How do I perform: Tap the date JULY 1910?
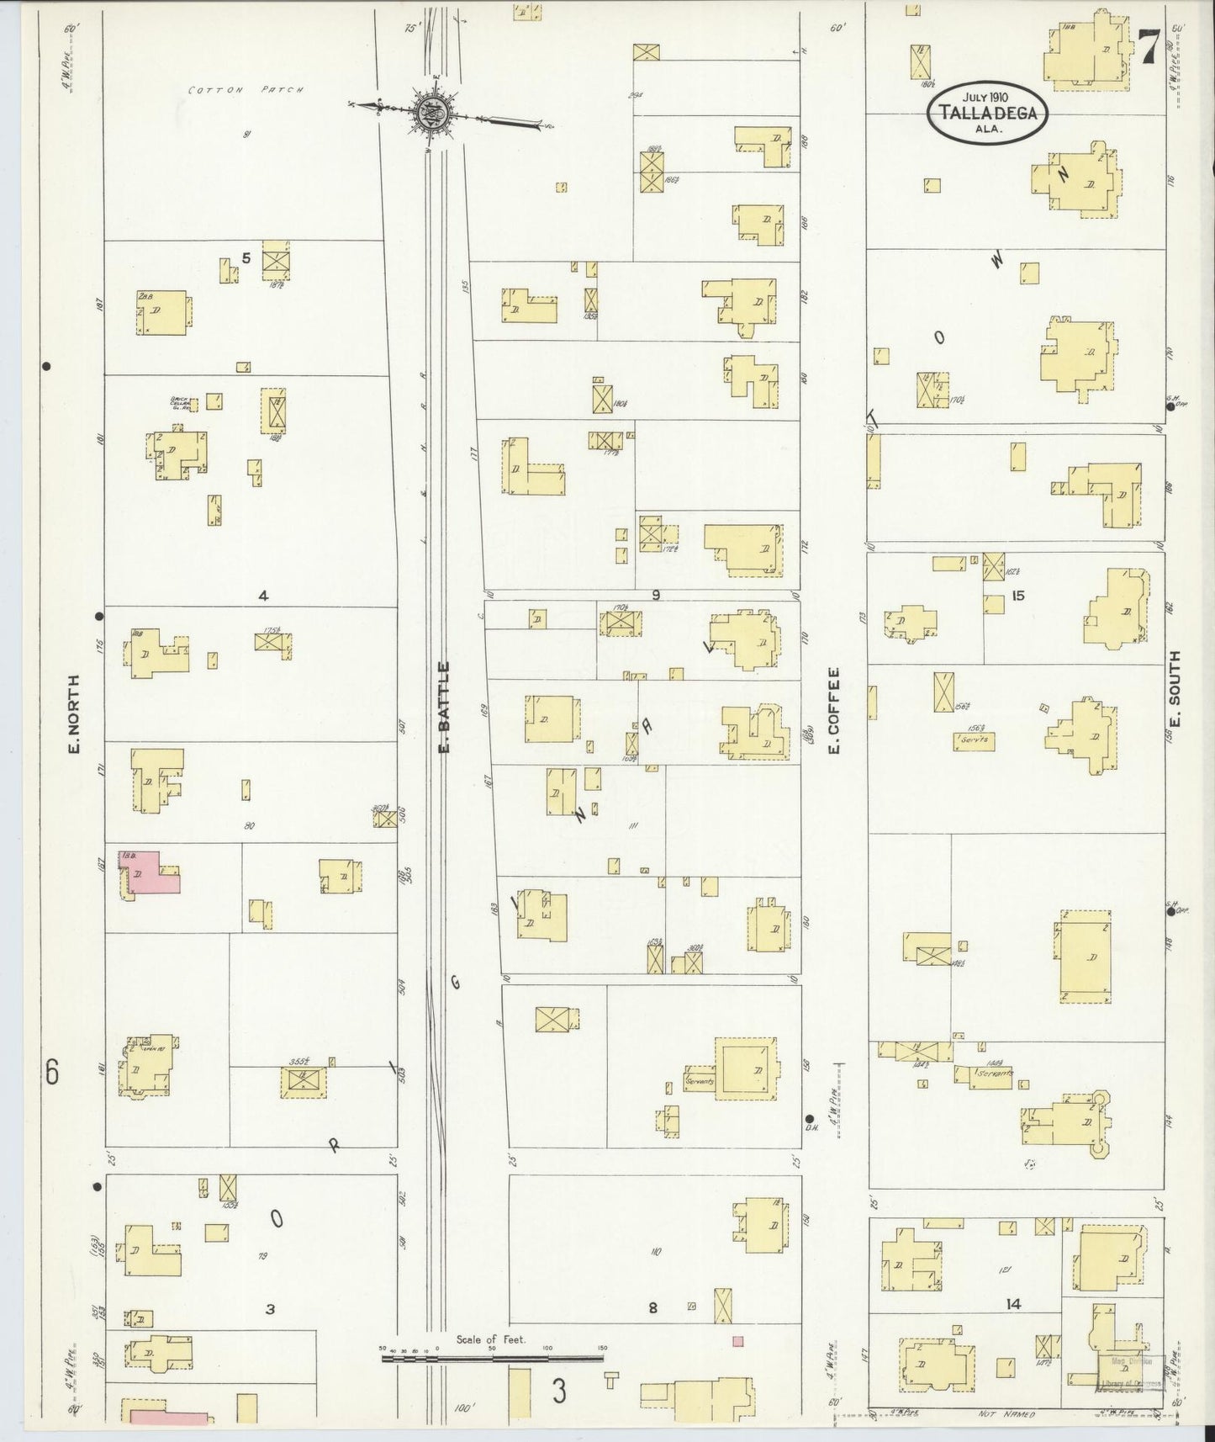pyautogui.click(x=988, y=97)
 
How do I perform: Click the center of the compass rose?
pyautogui.click(x=422, y=110)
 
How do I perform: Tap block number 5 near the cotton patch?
pyautogui.click(x=246, y=258)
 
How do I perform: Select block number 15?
pyautogui.click(x=1018, y=596)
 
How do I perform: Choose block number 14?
pyautogui.click(x=1012, y=1328)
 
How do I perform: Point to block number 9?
pyautogui.click(x=655, y=595)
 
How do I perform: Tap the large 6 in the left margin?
pyautogui.click(x=52, y=1073)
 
